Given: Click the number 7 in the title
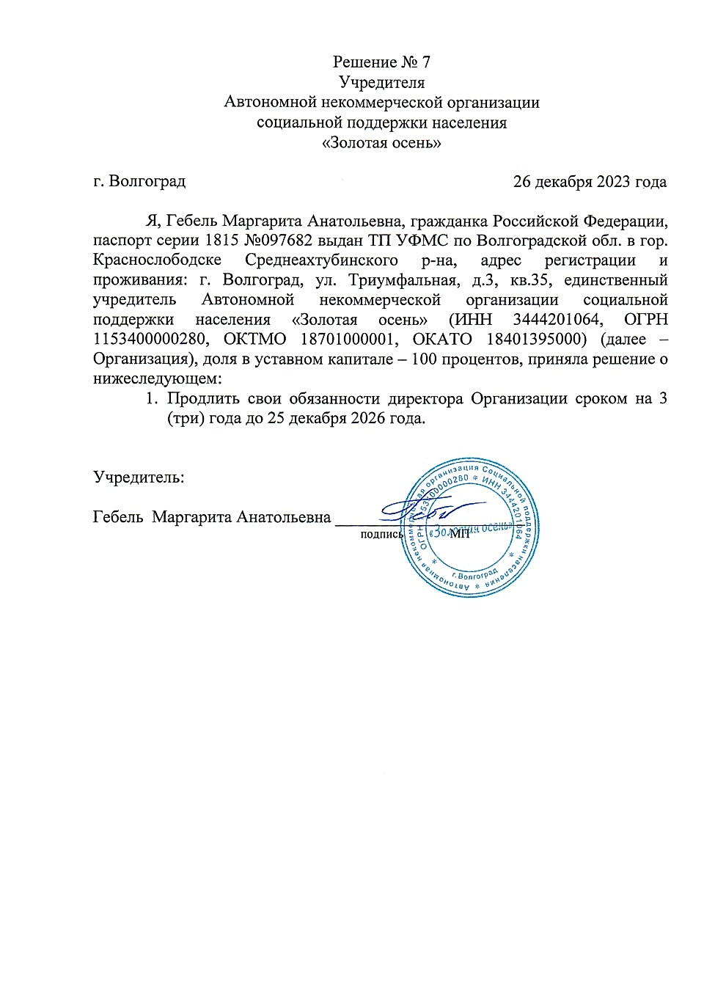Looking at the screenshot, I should tap(425, 62).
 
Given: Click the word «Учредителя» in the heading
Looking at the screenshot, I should tap(381, 82).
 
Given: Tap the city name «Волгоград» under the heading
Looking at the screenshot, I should tap(147, 180).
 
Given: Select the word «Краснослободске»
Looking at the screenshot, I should tap(157, 260).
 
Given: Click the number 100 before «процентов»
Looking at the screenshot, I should tap(425, 359).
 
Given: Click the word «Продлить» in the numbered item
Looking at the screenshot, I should tap(203, 399).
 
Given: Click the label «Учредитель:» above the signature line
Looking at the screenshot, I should tap(139, 477).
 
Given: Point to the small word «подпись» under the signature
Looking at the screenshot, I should tap(381, 535).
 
